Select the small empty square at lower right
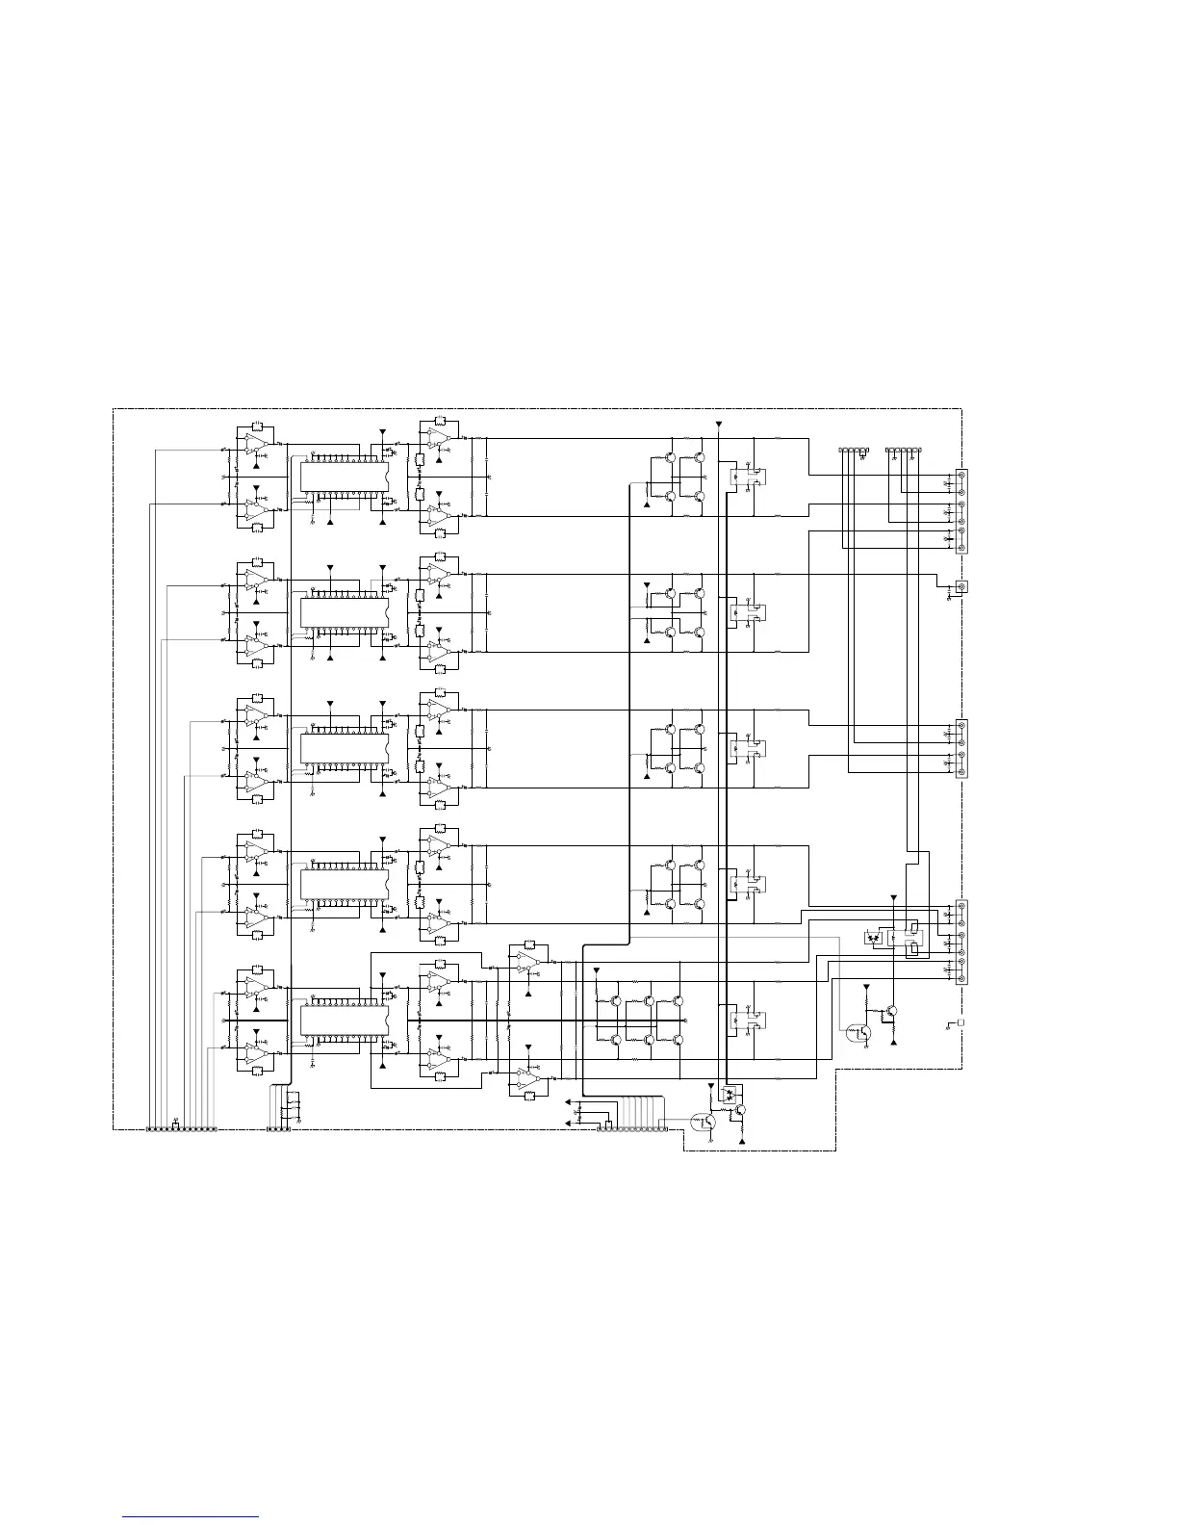click(960, 1022)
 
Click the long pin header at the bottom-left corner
click(181, 1128)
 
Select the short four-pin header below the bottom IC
click(278, 1128)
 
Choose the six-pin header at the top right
click(903, 450)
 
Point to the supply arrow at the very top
click(718, 424)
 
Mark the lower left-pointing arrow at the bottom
click(567, 1122)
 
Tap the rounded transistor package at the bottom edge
click(700, 1120)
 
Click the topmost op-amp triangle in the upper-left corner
click(255, 442)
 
